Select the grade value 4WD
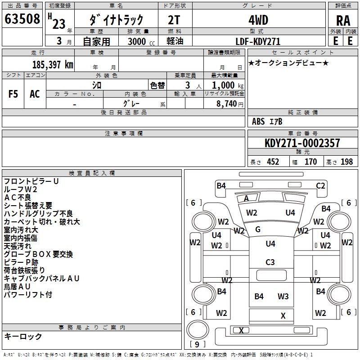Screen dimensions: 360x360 tap(258, 20)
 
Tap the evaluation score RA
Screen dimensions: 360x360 tap(343, 21)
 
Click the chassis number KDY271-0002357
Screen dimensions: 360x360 tap(302, 143)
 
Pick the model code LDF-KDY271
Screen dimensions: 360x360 tap(258, 41)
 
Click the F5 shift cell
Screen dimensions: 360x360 tap(13, 94)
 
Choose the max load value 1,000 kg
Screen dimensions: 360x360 tap(224, 85)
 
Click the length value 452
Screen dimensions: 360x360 tap(273, 162)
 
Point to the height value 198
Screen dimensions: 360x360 tap(346, 162)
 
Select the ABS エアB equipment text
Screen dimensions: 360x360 tap(267, 121)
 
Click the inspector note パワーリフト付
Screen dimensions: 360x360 tap(28, 295)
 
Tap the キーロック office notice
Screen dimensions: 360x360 tap(23, 336)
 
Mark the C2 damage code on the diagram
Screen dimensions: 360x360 tap(320, 185)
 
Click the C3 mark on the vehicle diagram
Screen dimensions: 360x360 tap(270, 262)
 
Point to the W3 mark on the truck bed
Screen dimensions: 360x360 tap(283, 296)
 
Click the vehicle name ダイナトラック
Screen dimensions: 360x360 tap(117, 20)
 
